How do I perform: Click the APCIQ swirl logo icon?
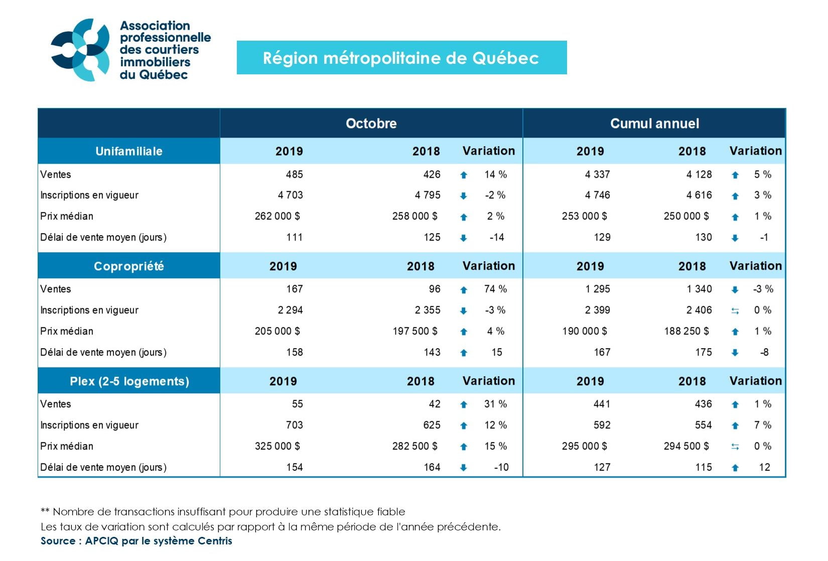coord(80,50)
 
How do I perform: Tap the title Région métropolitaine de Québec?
coord(401,58)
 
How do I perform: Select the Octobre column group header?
coord(371,124)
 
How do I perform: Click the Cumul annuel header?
coord(654,124)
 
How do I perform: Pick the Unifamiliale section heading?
coord(129,151)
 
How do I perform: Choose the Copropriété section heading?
coord(129,266)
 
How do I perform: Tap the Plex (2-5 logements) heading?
coord(129,381)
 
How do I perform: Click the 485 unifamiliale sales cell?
coord(294,175)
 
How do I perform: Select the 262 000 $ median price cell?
coord(277,216)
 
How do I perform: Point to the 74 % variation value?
coord(495,289)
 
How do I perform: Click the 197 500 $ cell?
coord(415,331)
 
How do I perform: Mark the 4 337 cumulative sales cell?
coord(597,175)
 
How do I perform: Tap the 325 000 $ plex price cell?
coord(277,446)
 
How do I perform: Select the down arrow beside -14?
coord(464,238)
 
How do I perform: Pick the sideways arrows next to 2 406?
coord(735,311)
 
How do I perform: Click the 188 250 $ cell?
coord(686,331)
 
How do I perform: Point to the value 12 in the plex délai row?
coord(764,468)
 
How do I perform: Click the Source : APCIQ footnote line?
coord(136,541)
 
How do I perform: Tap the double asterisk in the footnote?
coord(45,512)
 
